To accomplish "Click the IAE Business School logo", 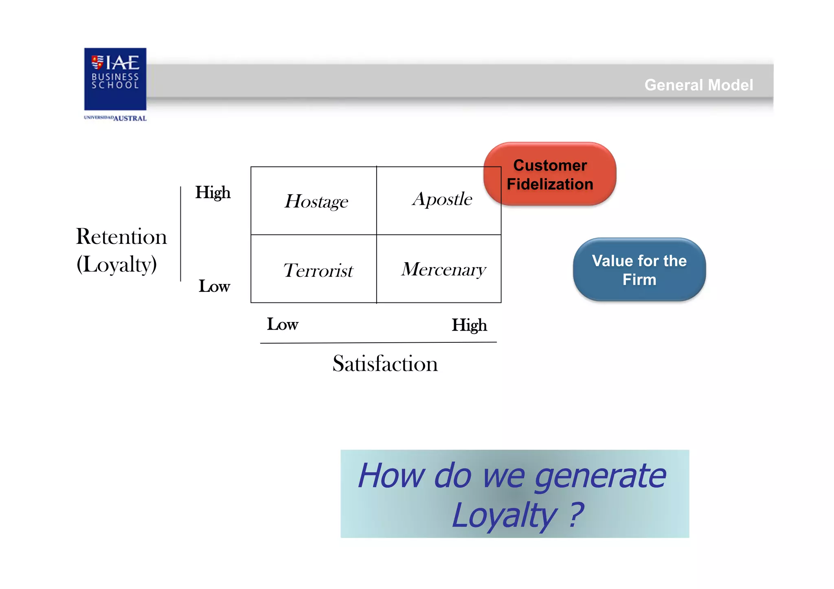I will coord(115,79).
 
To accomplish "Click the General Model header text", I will coord(698,85).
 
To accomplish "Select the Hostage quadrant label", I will coord(316,201).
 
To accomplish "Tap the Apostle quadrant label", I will coord(442,199).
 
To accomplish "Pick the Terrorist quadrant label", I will coord(318,270).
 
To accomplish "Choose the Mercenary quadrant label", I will coord(443,269).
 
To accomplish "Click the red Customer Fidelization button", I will coord(550,175).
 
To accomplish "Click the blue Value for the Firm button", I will coord(639,270).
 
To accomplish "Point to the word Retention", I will coord(121,236).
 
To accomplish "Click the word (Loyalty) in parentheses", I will coord(117,264).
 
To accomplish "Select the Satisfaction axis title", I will coord(385,363).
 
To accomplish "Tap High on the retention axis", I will coord(213,193).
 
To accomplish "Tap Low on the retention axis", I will coord(214,286).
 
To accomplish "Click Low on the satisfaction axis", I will coord(282,324).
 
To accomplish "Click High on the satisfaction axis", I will coord(469,325).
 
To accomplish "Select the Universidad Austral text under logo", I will coord(115,118).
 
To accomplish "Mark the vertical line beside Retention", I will coord(180,234).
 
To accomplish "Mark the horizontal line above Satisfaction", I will coord(378,343).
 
